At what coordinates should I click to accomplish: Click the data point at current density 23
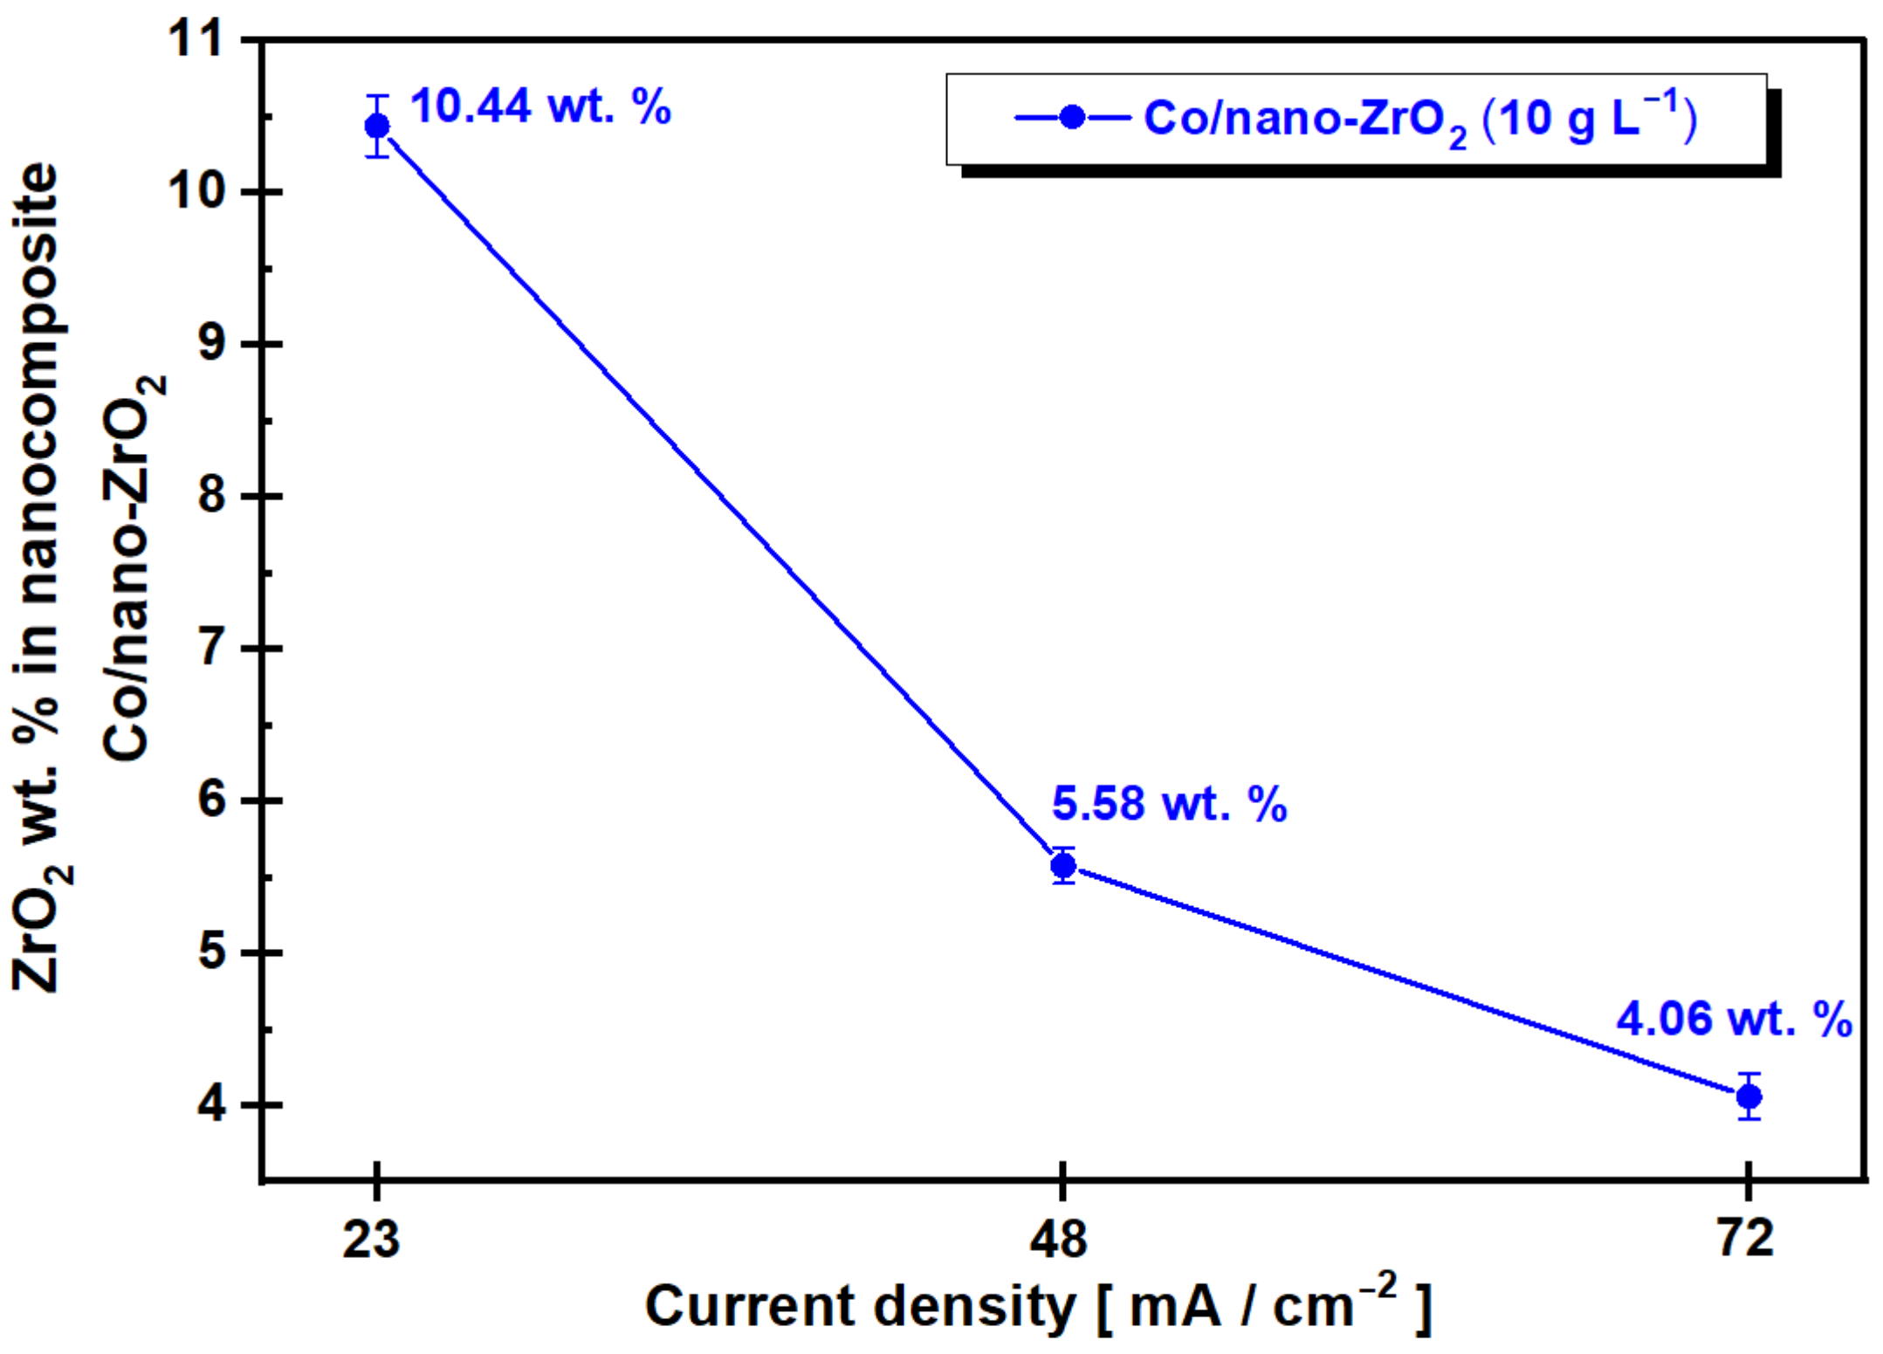click(x=377, y=127)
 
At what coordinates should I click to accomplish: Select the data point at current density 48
click(x=1063, y=866)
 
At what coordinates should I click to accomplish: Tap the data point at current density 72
click(x=1749, y=1096)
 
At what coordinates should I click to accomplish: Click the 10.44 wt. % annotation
click(x=540, y=107)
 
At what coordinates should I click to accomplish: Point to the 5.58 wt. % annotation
click(x=1169, y=803)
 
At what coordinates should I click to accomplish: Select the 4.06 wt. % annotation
click(x=1733, y=1019)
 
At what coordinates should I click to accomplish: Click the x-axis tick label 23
click(x=371, y=1238)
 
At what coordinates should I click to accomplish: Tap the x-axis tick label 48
click(x=1058, y=1238)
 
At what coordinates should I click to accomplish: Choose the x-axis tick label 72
click(x=1745, y=1238)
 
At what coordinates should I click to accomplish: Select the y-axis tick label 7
click(x=212, y=648)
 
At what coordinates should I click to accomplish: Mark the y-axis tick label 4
click(x=212, y=1104)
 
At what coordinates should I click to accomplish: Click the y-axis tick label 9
click(x=212, y=343)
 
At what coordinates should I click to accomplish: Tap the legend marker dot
click(x=1072, y=117)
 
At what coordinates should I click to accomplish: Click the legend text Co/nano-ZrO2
click(x=1306, y=120)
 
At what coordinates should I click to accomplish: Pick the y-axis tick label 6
click(x=212, y=800)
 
